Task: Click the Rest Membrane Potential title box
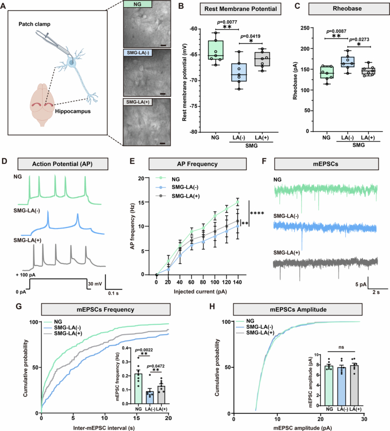click(240, 9)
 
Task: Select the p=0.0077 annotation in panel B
click(227, 22)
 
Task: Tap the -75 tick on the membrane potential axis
click(194, 106)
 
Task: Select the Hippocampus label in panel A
click(73, 111)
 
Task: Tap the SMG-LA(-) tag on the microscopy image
click(138, 53)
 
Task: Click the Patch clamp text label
click(34, 24)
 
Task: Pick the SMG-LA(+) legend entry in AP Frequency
click(186, 196)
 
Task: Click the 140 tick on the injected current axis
click(237, 282)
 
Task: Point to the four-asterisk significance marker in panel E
click(257, 213)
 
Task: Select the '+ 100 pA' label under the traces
click(25, 275)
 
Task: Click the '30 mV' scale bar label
click(95, 284)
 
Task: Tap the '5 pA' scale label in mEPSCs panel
click(361, 284)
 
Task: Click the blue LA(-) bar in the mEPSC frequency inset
click(150, 398)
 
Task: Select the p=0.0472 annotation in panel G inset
click(155, 366)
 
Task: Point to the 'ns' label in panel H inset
click(341, 347)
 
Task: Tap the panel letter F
click(264, 161)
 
